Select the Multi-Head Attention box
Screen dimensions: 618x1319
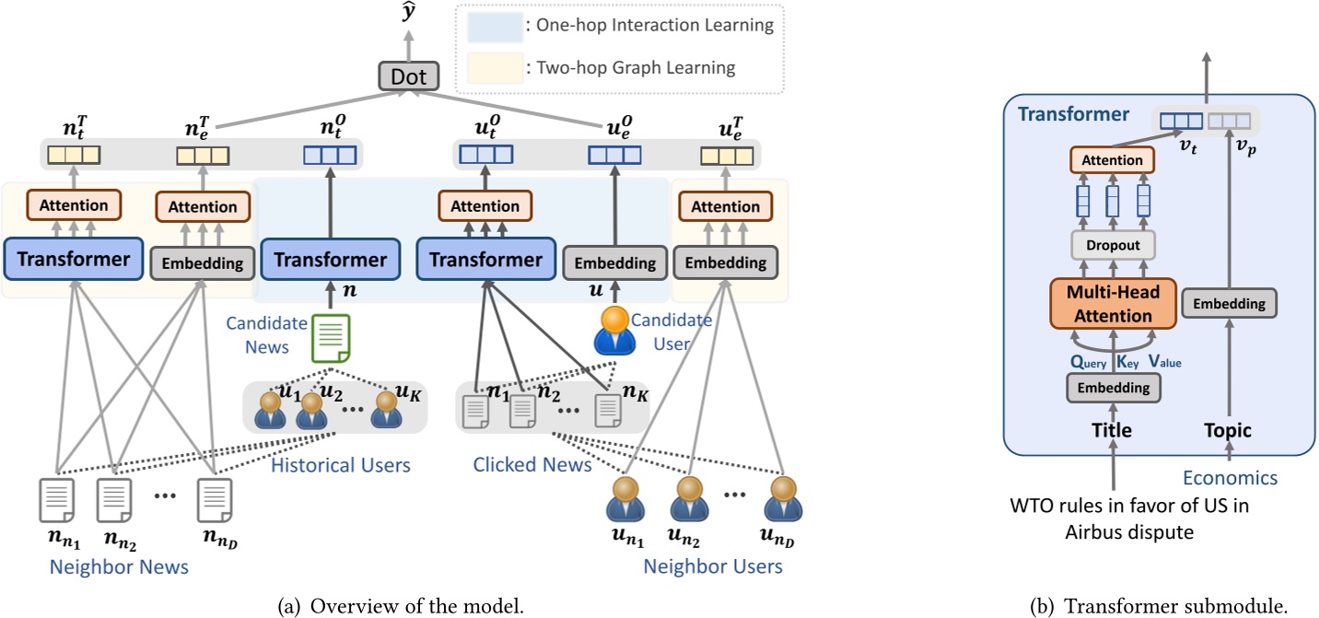click(1114, 303)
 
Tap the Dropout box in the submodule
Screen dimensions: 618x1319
click(1114, 245)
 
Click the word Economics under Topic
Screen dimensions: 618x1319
click(1230, 477)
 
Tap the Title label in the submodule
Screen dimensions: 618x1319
click(1113, 430)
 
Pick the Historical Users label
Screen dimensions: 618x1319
click(340, 465)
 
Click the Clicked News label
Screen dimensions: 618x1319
click(531, 465)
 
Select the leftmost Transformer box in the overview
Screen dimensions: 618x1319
click(73, 259)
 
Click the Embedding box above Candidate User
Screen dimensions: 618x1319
click(614, 262)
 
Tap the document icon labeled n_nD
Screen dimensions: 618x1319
click(214, 499)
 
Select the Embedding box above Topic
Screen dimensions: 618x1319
click(1230, 303)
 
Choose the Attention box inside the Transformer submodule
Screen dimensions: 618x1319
click(1113, 160)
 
